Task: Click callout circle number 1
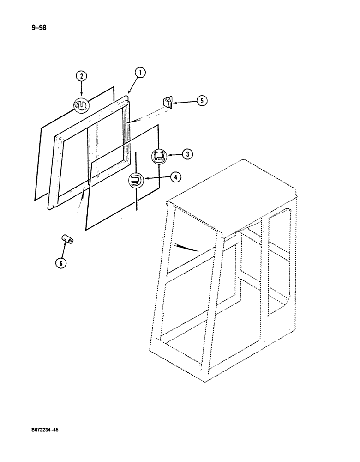(139, 72)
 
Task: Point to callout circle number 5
(201, 101)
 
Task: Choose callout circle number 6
(60, 263)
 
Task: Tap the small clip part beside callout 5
(167, 102)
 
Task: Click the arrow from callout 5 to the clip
(184, 101)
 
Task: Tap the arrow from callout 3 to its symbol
(172, 155)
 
